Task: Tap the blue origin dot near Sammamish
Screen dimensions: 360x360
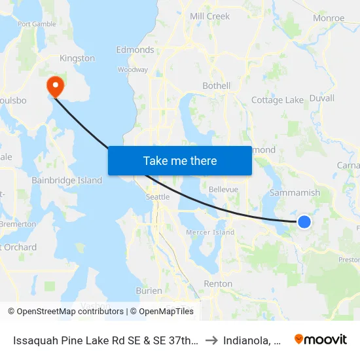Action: (304, 222)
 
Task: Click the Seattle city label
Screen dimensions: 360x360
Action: (158, 196)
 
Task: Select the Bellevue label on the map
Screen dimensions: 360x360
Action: (223, 189)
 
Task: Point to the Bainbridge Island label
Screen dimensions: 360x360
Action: (67, 180)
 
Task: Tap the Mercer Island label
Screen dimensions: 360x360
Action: (211, 232)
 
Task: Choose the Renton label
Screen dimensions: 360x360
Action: (218, 283)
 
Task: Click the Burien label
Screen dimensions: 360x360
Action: (149, 290)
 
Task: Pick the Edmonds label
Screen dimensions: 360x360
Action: (135, 50)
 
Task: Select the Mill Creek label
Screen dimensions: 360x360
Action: (209, 16)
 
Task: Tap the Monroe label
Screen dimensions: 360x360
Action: (329, 18)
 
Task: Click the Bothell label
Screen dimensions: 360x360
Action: (217, 86)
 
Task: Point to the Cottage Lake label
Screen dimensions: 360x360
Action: (278, 100)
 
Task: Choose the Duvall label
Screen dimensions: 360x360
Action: (321, 98)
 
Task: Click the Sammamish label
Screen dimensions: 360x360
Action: (295, 193)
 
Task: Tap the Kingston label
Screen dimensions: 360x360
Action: (77, 58)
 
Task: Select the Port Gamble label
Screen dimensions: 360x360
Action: (37, 24)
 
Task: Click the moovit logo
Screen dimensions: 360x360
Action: (321, 339)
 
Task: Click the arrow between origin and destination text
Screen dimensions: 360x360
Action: (211, 340)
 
